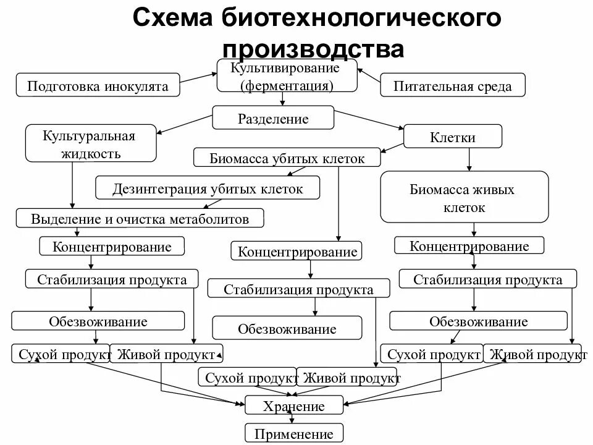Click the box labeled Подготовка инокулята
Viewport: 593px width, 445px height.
coord(98,85)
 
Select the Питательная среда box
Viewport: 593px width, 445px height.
coord(453,85)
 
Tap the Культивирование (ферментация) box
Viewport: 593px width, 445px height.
coord(287,75)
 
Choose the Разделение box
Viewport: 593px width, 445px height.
coord(273,117)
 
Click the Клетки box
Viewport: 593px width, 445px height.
coord(453,137)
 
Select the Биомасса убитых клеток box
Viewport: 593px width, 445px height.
coord(287,158)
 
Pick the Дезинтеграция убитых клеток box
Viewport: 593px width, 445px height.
coord(208,188)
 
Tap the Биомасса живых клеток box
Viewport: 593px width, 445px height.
coord(464,197)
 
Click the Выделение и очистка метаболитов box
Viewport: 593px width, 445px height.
coord(140,218)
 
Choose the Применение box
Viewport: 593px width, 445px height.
coord(293,433)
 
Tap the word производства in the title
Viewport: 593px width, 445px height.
coord(313,48)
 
